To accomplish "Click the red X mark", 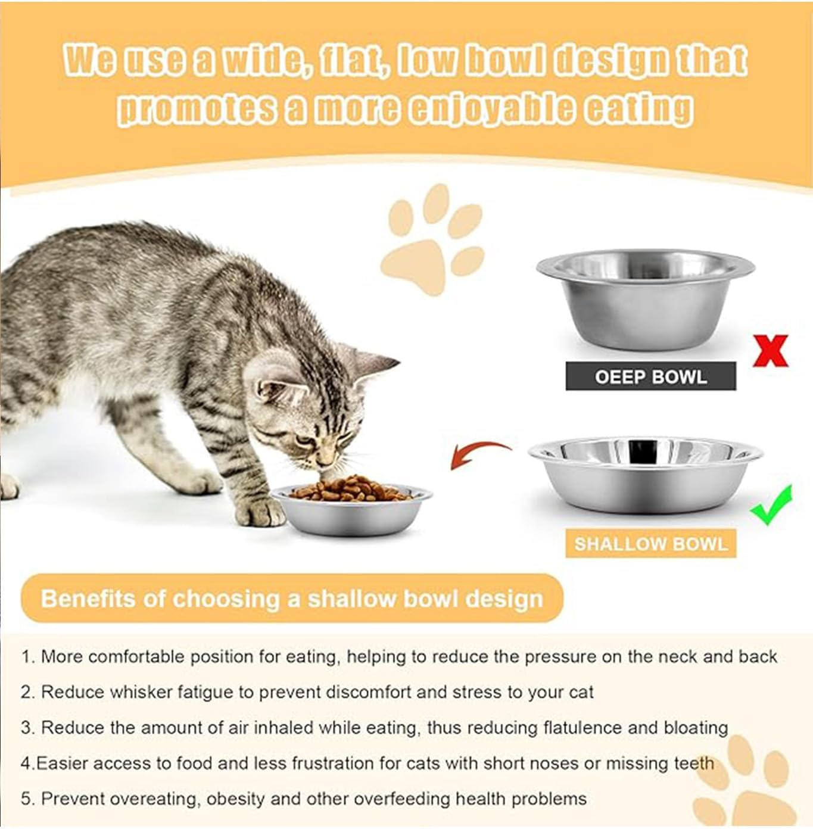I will [770, 351].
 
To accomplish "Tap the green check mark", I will [772, 507].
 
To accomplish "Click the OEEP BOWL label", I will [650, 376].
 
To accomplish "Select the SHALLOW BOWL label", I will [650, 544].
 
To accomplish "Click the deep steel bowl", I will [645, 298].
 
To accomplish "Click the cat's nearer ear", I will [280, 390].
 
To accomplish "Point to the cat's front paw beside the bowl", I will [262, 512].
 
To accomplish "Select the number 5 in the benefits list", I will [26, 799].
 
